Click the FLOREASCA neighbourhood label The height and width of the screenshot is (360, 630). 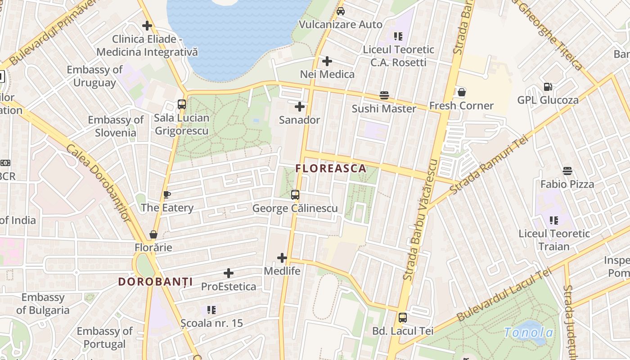coord(331,169)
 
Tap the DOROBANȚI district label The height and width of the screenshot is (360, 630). coord(155,282)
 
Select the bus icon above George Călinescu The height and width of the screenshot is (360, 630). coord(295,195)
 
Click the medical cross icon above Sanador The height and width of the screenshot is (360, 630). coord(300,107)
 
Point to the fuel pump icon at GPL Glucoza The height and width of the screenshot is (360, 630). coord(548,87)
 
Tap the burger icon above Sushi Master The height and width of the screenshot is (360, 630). coord(384,95)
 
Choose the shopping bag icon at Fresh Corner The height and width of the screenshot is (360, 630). coord(461,93)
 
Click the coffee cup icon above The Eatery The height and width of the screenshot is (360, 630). coord(167,194)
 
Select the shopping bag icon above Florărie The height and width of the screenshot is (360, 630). coord(153,234)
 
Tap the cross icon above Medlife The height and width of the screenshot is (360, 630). coord(282,258)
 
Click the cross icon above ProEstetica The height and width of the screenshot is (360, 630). coord(229,273)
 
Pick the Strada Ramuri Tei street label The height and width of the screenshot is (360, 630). coord(488,166)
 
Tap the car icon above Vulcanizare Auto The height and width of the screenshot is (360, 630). coord(341,11)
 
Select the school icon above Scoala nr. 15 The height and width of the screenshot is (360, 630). coord(211,310)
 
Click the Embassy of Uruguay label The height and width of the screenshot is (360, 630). coord(94,76)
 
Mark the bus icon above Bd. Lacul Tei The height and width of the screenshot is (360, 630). coord(403,318)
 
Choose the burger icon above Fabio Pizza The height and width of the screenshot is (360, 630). coord(567,171)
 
